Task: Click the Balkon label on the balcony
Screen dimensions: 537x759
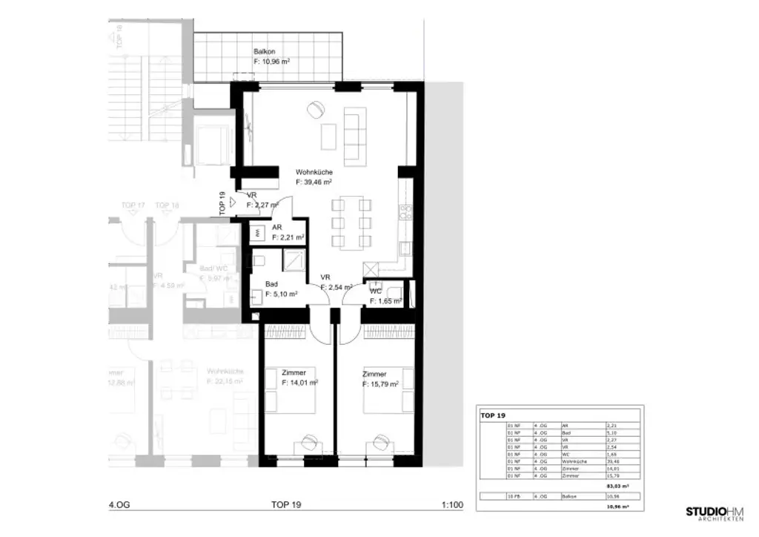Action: [x=264, y=51]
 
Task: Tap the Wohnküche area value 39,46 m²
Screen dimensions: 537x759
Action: [x=313, y=181]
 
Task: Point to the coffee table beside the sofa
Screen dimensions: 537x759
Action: [x=328, y=136]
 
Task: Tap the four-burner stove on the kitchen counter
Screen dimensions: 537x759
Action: [x=405, y=214]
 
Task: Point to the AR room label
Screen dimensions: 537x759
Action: [x=276, y=228]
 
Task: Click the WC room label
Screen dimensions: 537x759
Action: [x=376, y=291]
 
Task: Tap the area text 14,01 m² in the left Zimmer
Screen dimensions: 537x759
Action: [x=300, y=383]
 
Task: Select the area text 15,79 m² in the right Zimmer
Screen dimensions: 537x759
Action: [x=380, y=384]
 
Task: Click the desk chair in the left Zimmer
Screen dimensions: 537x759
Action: [x=308, y=441]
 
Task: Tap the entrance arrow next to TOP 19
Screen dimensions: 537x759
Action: [x=233, y=201]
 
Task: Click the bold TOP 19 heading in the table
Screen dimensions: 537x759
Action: [x=492, y=416]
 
